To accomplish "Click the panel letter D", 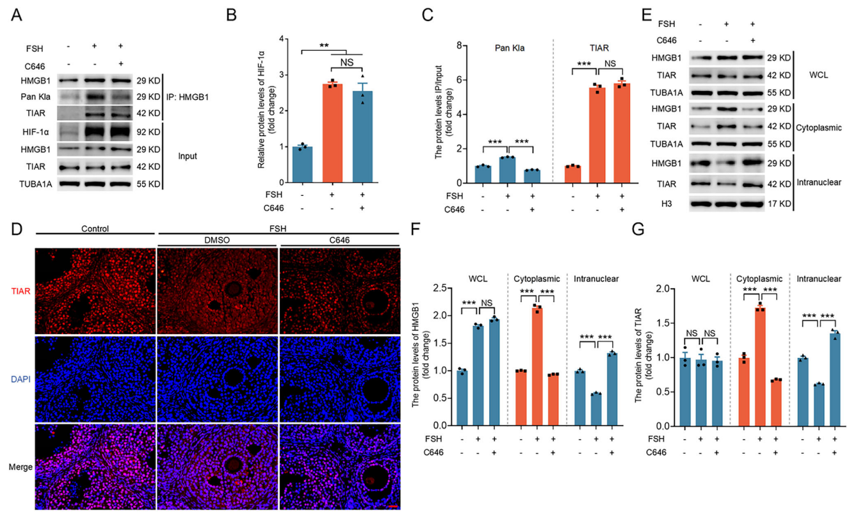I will pyautogui.click(x=17, y=229).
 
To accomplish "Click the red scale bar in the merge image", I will pyautogui.click(x=394, y=506).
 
